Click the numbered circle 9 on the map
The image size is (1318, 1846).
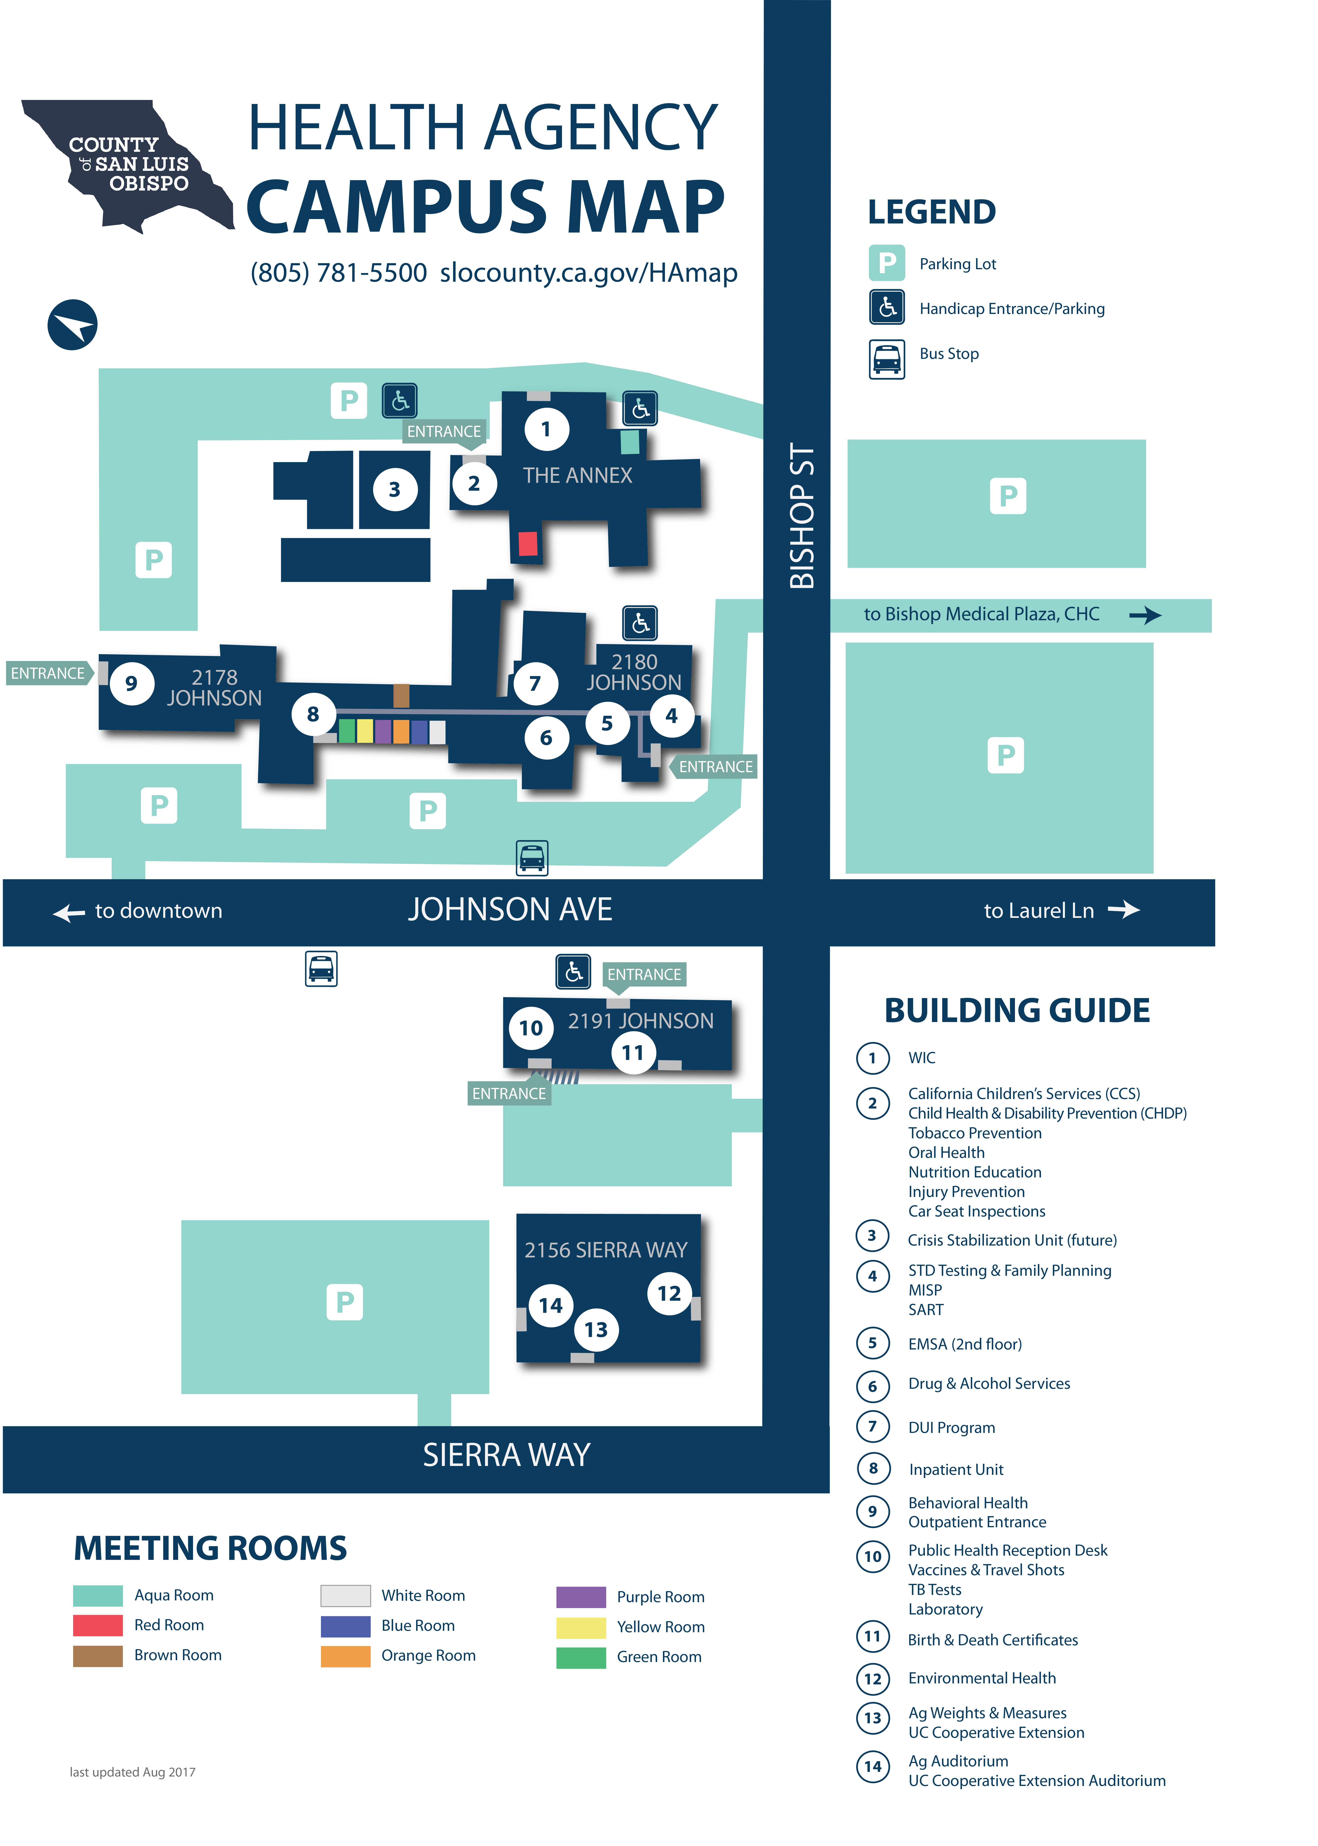pos(131,683)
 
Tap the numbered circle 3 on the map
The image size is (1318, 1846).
pos(394,489)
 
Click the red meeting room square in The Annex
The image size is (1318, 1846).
pos(528,543)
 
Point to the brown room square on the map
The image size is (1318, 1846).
pos(401,695)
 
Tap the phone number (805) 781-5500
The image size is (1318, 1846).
pos(339,273)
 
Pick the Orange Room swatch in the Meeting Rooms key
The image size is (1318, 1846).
pos(345,1655)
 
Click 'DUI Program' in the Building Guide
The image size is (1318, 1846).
pos(951,1427)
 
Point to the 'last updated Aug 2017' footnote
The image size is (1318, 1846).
pos(132,1771)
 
